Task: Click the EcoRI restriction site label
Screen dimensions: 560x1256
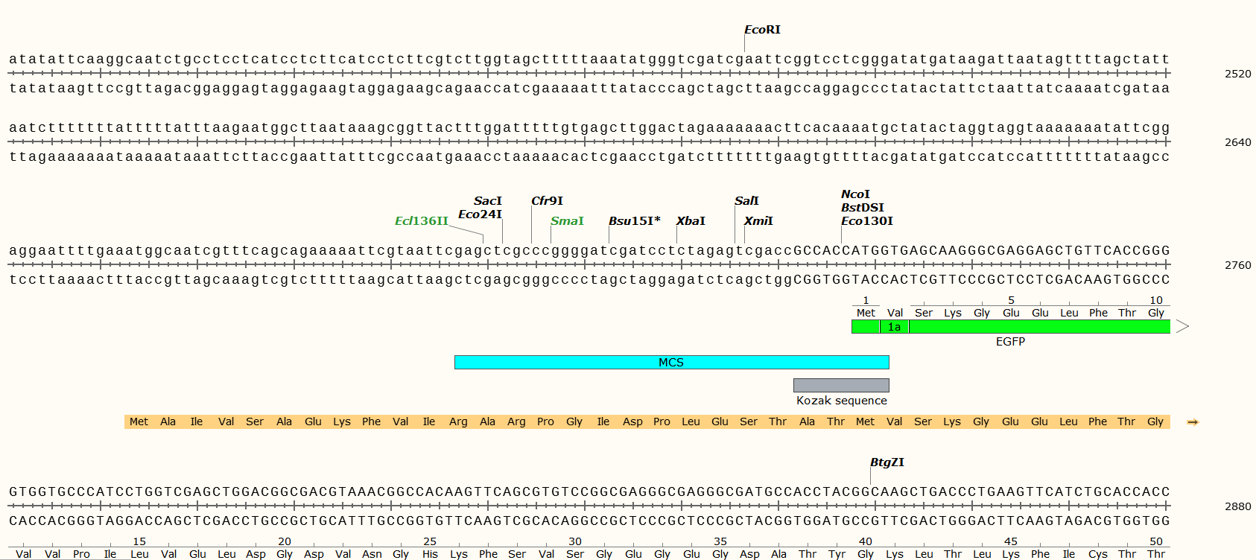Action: click(762, 30)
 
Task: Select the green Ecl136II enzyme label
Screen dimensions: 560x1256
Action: click(422, 221)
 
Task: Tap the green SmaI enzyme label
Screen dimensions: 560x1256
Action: click(567, 221)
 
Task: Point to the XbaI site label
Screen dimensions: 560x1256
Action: click(691, 221)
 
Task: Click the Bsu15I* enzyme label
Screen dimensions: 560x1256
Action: click(634, 221)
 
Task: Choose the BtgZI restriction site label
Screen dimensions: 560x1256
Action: click(887, 462)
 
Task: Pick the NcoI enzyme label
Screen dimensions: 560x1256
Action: click(855, 194)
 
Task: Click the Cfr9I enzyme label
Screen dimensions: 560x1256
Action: click(547, 201)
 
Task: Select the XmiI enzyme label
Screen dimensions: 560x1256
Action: click(758, 221)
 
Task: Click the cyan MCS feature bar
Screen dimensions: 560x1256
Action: click(670, 363)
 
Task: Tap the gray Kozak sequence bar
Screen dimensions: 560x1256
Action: click(841, 385)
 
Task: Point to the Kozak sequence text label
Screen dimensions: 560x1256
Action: click(841, 401)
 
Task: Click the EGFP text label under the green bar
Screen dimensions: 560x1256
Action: click(1010, 342)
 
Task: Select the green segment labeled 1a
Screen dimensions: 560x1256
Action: click(894, 327)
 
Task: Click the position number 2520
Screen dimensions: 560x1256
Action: click(1237, 74)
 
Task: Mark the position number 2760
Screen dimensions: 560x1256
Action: click(1237, 265)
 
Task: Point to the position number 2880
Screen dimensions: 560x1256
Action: click(1237, 506)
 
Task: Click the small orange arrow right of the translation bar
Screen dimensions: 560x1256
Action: click(1193, 422)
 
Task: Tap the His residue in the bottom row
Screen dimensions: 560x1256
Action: click(430, 554)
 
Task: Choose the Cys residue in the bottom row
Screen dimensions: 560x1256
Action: click(1097, 554)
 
